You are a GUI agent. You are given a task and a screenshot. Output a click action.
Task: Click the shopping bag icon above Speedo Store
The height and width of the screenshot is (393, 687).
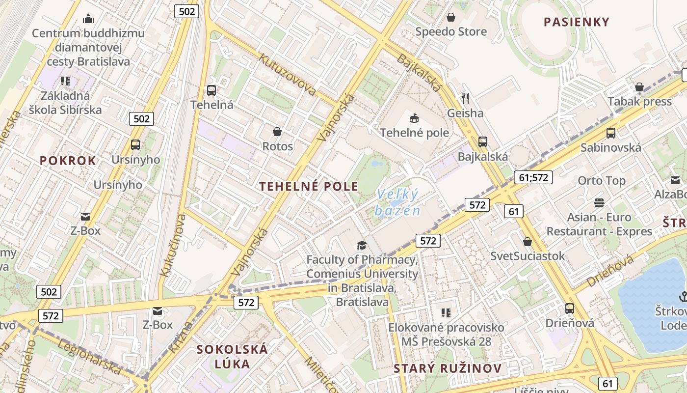[x=451, y=18]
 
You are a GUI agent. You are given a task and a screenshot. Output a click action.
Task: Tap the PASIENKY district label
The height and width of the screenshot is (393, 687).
[x=577, y=22]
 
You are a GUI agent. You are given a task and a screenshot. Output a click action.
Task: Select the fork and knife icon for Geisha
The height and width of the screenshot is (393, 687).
[x=465, y=99]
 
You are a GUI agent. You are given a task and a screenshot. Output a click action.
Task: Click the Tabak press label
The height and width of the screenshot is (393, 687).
[x=639, y=101]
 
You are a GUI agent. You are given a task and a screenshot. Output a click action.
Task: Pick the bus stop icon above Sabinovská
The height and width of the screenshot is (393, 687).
[x=611, y=133]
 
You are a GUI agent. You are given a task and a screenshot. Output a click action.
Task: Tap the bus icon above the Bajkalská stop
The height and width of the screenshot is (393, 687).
[x=483, y=142]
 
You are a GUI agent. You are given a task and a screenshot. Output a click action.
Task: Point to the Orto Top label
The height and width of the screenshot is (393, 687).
[x=602, y=181]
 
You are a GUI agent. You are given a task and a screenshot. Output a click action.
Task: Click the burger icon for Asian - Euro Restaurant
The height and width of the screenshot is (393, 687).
[x=599, y=202]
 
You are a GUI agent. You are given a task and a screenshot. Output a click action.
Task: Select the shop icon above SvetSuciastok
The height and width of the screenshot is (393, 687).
[x=528, y=242]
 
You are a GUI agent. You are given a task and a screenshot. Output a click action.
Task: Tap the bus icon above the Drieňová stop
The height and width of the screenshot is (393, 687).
[x=570, y=309]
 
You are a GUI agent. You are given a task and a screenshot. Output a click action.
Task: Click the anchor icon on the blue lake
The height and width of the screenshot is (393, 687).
[x=683, y=296]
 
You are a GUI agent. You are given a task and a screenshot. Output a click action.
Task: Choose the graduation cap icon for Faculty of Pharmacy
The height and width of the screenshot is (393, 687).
[x=362, y=245]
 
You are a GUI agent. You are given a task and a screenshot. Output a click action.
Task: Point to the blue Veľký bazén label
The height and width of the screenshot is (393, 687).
[x=397, y=203]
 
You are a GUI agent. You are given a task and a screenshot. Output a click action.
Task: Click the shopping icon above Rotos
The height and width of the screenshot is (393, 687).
[x=277, y=132]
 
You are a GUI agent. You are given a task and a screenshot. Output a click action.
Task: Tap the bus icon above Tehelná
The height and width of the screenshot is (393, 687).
[x=211, y=90]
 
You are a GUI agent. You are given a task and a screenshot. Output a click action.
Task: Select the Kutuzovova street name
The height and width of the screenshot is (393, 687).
[x=287, y=75]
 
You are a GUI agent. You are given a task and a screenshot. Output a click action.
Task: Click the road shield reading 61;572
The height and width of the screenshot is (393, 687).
[x=533, y=177]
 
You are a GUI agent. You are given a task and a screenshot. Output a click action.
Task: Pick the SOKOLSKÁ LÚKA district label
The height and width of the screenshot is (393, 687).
[x=232, y=357]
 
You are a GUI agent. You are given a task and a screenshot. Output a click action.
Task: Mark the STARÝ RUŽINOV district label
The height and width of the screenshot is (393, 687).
[x=448, y=368]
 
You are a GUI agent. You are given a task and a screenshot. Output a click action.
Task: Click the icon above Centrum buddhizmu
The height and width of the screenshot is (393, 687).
[x=88, y=19]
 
